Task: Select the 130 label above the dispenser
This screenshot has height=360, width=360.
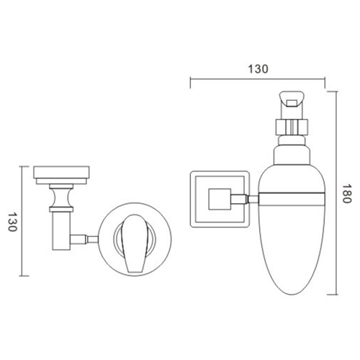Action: click(259, 69)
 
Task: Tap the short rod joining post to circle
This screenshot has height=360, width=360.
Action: click(87, 237)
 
